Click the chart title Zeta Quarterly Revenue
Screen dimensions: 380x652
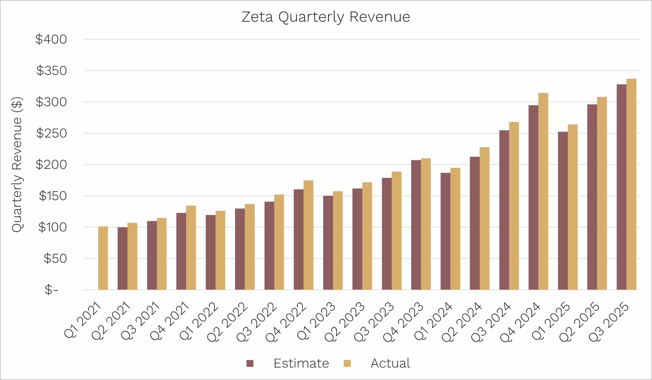[326, 17]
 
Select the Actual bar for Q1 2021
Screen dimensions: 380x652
[103, 258]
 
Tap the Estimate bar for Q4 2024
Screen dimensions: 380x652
[533, 197]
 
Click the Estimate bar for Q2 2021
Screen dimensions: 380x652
[123, 258]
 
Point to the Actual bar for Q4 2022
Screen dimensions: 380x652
[308, 235]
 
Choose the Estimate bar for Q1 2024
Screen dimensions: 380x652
[445, 231]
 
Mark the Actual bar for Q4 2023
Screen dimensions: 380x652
[426, 224]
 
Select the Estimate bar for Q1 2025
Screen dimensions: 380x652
[563, 211]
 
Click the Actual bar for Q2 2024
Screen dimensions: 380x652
[485, 218]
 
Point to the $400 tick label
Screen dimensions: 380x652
[51, 39]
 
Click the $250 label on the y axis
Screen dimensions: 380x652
[51, 134]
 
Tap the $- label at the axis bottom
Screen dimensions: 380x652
[51, 290]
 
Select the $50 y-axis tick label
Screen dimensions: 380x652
[55, 259]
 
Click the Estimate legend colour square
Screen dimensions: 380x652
[250, 363]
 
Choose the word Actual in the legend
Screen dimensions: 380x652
[390, 363]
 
